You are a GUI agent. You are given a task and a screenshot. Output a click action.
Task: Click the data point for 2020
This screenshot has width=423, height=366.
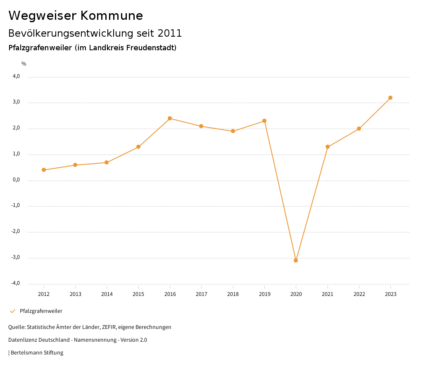pos(296,260)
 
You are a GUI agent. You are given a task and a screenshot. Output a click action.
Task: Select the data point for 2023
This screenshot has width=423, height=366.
pos(390,98)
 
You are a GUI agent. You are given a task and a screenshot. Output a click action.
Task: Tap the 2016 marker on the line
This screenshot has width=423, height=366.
pos(170,118)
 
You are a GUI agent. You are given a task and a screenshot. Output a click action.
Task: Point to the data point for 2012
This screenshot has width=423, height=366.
pos(44,170)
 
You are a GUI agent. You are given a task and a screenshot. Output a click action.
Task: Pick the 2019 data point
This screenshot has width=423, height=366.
pos(264,121)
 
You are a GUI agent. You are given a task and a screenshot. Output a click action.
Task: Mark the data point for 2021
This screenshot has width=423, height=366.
pos(328,147)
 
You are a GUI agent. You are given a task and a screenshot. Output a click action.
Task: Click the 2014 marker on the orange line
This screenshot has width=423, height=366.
pos(107,162)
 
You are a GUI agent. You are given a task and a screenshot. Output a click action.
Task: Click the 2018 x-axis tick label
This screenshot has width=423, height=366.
pos(233,294)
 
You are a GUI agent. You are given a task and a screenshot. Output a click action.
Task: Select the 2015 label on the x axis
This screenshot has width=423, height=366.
pos(138,294)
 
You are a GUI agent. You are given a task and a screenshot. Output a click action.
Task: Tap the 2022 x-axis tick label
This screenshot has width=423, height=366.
pos(359,294)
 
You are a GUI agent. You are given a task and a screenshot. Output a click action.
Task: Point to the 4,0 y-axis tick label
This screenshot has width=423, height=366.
pos(16,76)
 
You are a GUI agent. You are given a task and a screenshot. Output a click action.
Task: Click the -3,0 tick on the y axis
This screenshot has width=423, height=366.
pos(16,257)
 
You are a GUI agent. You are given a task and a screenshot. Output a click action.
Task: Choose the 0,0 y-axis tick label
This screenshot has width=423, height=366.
pos(16,180)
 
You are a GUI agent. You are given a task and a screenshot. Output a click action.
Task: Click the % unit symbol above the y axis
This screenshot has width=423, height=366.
pos(24,64)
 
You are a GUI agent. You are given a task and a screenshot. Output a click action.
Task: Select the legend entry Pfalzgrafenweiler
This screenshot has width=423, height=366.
pos(41,311)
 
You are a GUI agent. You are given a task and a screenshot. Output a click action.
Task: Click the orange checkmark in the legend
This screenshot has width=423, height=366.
pos(12,311)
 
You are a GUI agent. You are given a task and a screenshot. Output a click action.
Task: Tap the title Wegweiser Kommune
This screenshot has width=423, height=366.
pos(76,16)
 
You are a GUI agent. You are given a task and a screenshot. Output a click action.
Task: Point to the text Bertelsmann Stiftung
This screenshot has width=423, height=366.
pos(37,353)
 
